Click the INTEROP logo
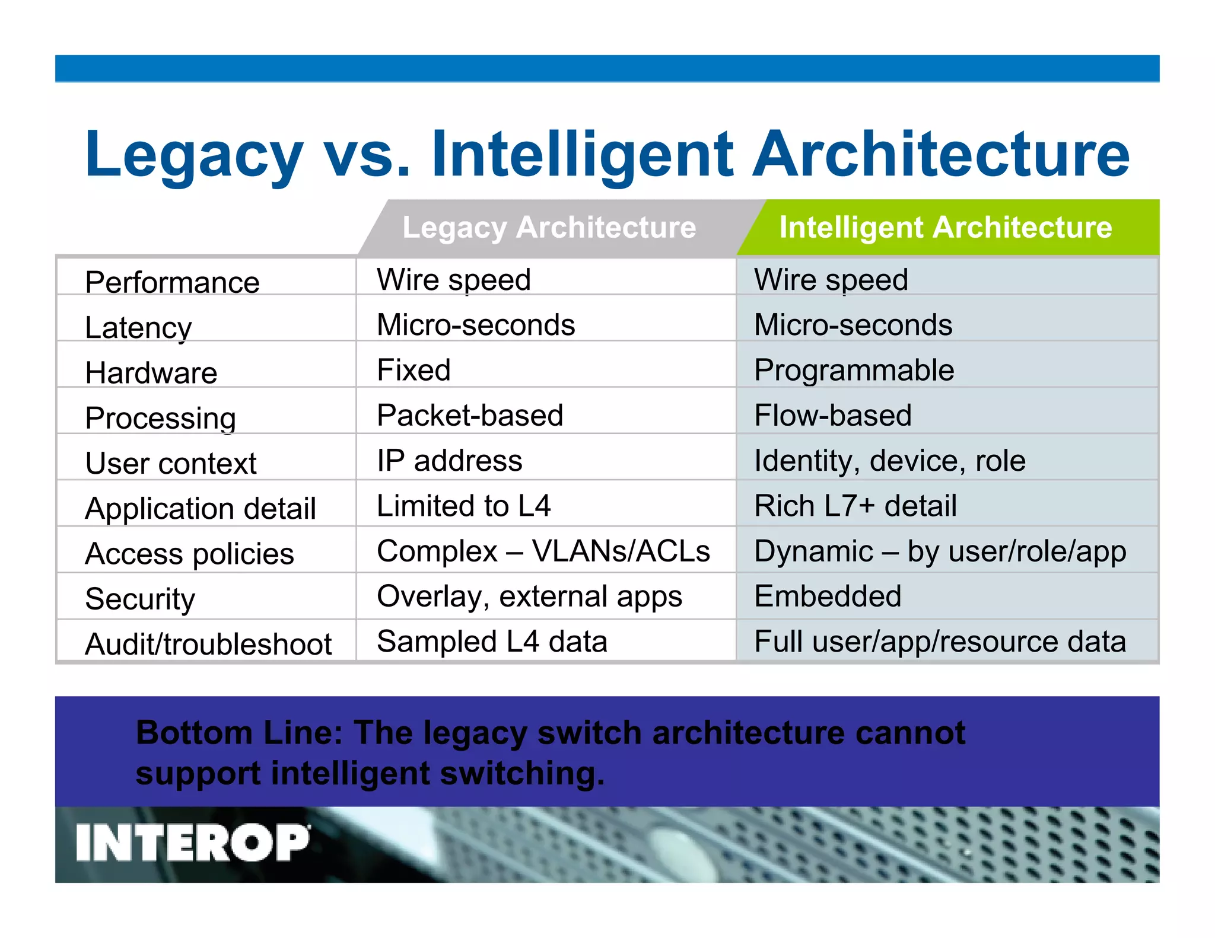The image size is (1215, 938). [x=192, y=842]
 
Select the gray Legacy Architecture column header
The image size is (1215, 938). [x=549, y=228]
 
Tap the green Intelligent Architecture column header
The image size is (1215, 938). [x=945, y=228]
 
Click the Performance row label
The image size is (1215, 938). [x=172, y=282]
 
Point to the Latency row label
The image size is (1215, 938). [x=138, y=328]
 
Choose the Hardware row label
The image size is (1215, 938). [x=151, y=373]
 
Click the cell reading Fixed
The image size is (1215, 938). [x=414, y=371]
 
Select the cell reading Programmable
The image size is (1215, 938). [x=854, y=371]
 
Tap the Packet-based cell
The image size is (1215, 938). [x=470, y=416]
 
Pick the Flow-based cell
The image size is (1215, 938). [x=832, y=416]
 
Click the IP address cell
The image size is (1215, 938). [x=449, y=461]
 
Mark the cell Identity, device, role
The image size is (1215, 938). [x=889, y=461]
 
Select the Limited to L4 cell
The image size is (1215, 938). [x=463, y=506]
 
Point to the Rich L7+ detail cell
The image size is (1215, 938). [x=855, y=506]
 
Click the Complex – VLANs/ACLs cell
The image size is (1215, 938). [x=543, y=551]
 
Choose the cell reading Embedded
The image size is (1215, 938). [x=828, y=596]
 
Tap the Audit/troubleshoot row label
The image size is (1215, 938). [x=208, y=645]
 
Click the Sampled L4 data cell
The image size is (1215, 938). [x=492, y=642]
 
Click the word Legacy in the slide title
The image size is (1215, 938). [x=194, y=155]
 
